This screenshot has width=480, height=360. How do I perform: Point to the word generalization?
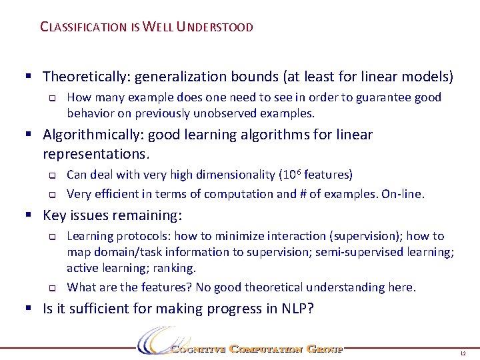(178, 77)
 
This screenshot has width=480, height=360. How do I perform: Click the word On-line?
(402, 194)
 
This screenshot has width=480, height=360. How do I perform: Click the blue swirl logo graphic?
(155, 341)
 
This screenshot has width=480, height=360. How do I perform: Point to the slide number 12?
(463, 352)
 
